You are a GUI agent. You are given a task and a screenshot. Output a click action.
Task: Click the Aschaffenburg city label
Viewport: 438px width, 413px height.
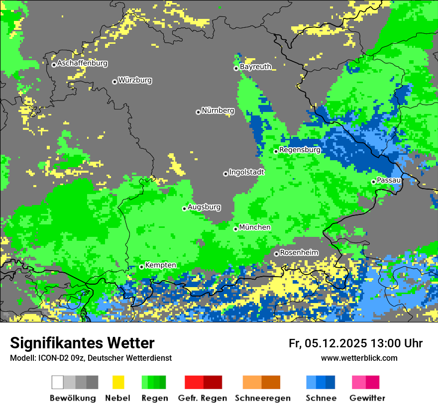[x=82, y=64]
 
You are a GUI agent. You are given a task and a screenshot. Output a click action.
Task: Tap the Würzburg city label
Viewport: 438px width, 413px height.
[x=135, y=80]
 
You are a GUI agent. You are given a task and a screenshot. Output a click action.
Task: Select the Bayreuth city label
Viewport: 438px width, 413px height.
[x=255, y=67]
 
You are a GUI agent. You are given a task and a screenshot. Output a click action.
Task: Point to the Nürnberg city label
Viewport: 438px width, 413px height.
[x=218, y=110]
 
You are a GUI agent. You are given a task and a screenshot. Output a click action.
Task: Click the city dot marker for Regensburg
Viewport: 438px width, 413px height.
[x=276, y=151]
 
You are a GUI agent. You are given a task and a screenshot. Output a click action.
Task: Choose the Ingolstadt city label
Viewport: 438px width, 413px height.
[x=247, y=172]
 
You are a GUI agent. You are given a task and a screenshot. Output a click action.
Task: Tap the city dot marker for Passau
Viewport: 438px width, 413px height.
[x=373, y=182]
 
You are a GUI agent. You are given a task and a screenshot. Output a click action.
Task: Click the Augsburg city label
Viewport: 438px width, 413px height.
[x=204, y=207]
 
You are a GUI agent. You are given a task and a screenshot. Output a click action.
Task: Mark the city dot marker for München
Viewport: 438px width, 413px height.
[x=235, y=229]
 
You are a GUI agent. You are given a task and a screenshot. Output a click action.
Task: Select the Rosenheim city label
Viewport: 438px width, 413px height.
[x=299, y=253]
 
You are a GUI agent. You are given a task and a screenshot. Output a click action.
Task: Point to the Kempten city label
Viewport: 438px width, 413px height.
[x=160, y=265]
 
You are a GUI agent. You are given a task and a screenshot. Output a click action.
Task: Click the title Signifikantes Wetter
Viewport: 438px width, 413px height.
[x=82, y=343]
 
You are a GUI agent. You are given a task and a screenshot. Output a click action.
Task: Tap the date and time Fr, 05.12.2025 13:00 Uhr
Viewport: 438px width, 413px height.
[x=355, y=343]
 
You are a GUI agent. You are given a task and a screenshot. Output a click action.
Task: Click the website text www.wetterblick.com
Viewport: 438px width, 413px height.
[x=359, y=358]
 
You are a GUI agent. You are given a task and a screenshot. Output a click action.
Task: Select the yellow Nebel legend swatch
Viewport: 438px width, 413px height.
[x=118, y=382]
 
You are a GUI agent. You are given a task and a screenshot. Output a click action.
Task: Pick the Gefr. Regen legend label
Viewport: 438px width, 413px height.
[x=203, y=398]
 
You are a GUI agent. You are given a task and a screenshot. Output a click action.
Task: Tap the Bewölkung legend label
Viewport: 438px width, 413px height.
[x=73, y=398]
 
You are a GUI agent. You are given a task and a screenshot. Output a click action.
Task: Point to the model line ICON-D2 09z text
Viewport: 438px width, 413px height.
[x=91, y=358]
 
